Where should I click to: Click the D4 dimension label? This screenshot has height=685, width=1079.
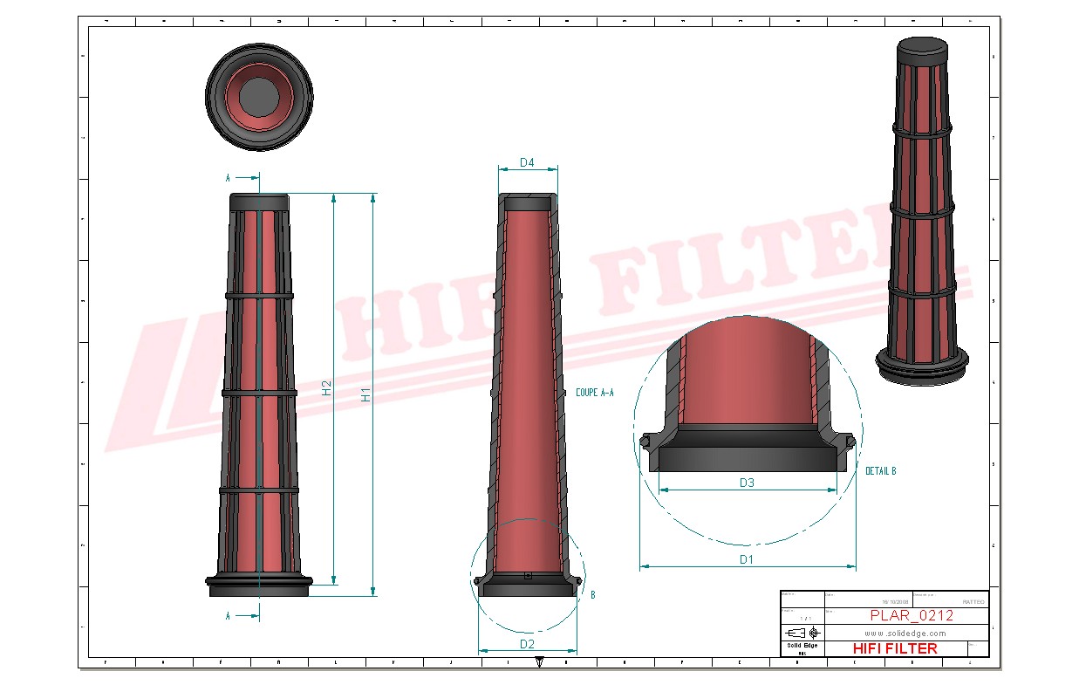[526, 162]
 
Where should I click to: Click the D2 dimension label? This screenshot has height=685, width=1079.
[527, 644]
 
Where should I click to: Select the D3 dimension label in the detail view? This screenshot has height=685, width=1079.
[747, 483]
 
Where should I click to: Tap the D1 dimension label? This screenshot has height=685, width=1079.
[747, 559]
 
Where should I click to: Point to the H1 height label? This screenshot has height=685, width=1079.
[366, 394]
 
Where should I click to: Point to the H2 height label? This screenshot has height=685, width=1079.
[326, 387]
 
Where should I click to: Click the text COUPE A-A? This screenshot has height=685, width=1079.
[595, 394]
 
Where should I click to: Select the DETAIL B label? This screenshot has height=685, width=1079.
[880, 471]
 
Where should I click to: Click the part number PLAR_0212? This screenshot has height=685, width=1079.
[911, 615]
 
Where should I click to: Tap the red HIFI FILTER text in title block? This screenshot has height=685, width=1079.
[894, 648]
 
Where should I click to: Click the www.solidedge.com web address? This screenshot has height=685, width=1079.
[905, 632]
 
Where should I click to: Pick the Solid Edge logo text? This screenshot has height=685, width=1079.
[802, 645]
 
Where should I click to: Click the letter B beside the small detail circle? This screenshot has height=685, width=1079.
[593, 595]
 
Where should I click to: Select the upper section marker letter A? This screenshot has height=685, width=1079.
[229, 178]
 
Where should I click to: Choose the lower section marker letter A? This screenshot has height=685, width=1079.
[229, 616]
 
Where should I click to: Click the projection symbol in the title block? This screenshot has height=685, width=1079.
[802, 632]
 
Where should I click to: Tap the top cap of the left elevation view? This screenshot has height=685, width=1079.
[259, 202]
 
